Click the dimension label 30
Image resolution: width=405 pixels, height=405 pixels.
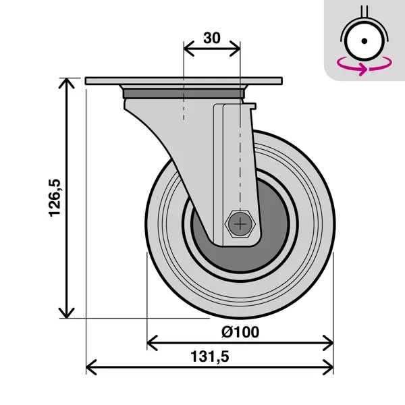coord(212,38)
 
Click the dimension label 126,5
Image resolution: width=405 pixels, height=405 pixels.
coord(55,198)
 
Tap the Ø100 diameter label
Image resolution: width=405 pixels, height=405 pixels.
coord(240,332)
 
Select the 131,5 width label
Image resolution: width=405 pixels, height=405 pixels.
coord(210,356)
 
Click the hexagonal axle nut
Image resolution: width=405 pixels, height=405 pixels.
coord(240,223)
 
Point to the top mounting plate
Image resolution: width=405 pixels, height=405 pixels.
coord(184,81)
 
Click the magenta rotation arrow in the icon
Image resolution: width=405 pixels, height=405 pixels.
coord(364,65)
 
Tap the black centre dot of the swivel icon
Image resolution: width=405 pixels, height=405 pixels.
coord(364,40)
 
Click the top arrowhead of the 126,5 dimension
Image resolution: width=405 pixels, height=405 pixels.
coord(67,82)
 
